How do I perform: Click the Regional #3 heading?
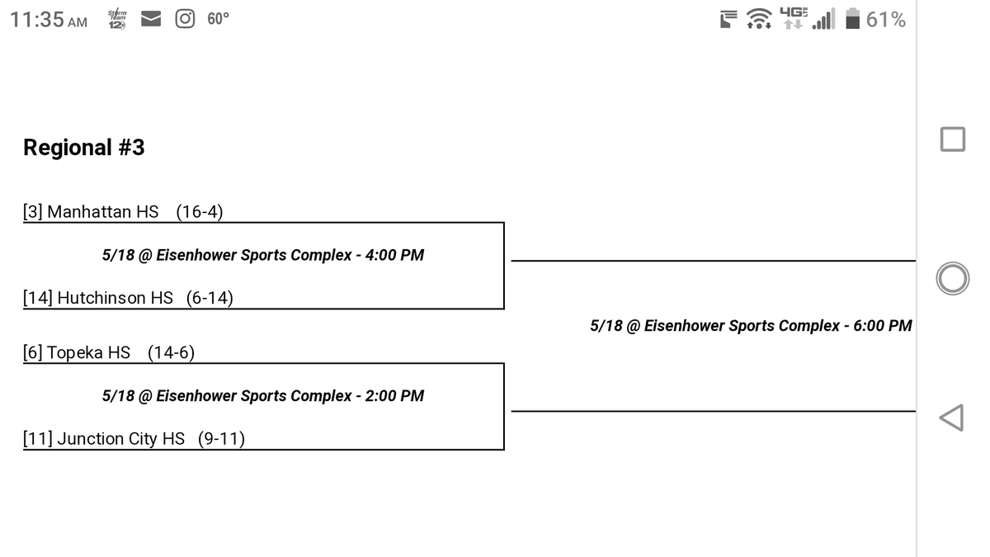[83, 148]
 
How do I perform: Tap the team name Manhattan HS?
[102, 212]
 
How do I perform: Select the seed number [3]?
[33, 212]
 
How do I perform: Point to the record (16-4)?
[199, 212]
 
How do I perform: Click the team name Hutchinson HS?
[115, 298]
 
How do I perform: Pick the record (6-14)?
[210, 298]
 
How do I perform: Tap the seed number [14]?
[38, 298]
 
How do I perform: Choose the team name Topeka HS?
[88, 353]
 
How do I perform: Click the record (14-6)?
[171, 353]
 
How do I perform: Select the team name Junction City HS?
[120, 439]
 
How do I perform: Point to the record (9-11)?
[221, 439]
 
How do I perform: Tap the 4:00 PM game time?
[394, 255]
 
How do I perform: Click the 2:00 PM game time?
[394, 396]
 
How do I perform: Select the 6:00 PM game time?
[882, 326]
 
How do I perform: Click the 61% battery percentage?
[886, 20]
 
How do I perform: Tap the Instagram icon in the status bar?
[185, 19]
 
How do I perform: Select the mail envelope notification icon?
[150, 20]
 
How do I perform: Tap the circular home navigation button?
[952, 279]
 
